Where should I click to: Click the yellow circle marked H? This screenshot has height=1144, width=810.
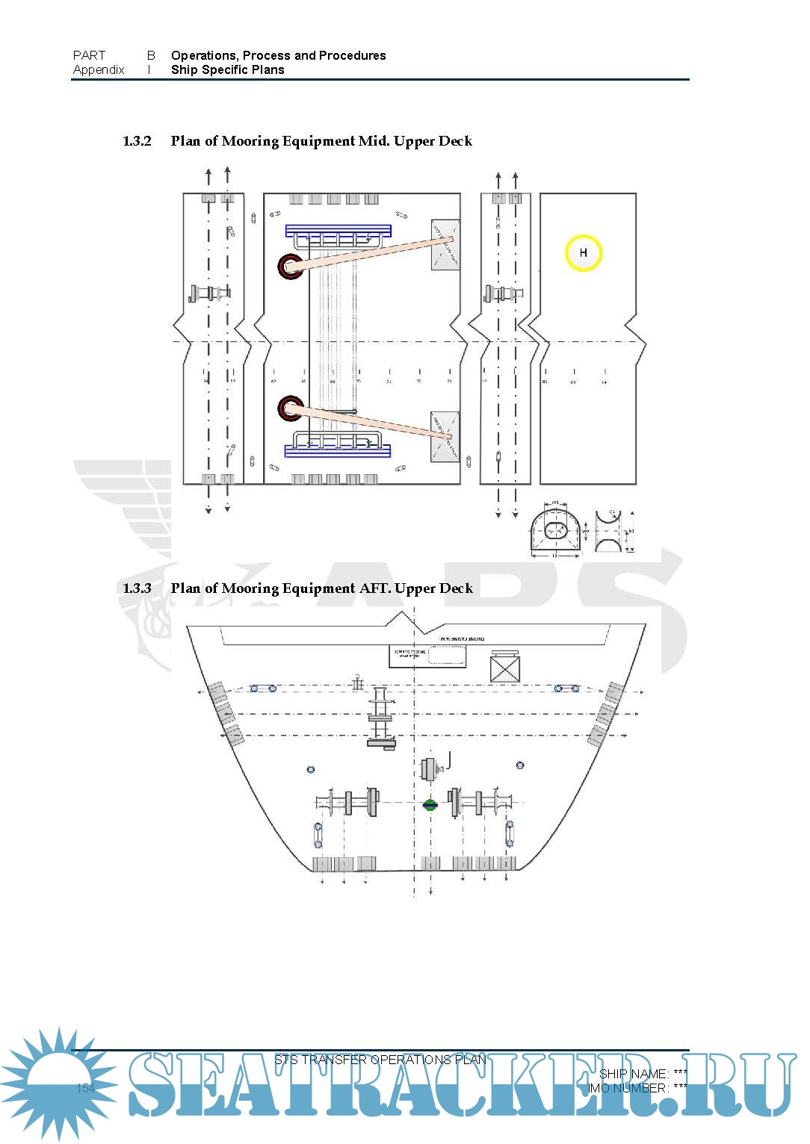point(583,253)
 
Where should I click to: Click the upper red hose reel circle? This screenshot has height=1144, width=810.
point(290,266)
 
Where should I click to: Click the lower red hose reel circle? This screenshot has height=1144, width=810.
point(290,408)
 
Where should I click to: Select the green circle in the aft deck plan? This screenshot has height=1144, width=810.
point(430,805)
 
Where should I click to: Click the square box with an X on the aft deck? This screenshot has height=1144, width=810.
point(504,667)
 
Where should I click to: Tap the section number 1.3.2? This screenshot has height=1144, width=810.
point(137,141)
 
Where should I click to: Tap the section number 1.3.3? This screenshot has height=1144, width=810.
point(137,588)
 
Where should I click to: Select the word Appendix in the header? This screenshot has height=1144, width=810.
point(99,70)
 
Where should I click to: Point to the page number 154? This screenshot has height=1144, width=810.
point(86,1088)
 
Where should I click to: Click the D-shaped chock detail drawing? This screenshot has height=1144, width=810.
point(555,531)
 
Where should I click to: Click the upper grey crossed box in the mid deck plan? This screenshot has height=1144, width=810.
point(445,244)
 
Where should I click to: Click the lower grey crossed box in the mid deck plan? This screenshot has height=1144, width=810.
point(445,435)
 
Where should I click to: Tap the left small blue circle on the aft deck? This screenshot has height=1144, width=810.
point(311,769)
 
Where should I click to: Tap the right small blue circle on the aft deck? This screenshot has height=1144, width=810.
point(520,765)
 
